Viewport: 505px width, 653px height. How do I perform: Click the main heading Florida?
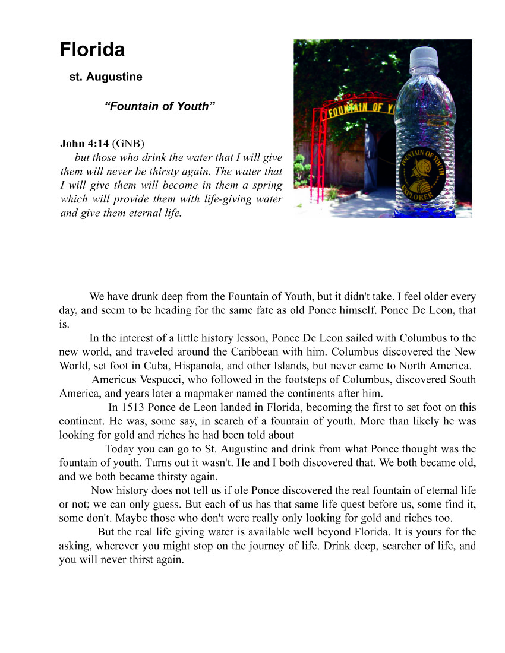[92, 50]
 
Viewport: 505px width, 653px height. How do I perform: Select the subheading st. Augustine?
[106, 77]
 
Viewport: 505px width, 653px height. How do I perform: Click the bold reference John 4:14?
[84, 144]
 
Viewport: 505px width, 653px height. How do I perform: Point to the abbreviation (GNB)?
[128, 144]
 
